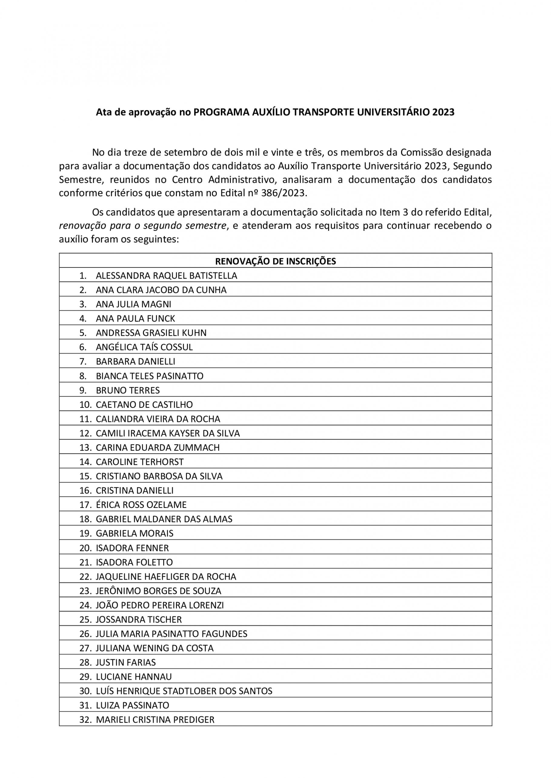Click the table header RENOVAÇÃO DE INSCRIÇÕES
(x=276, y=261)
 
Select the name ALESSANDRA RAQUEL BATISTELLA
(x=166, y=276)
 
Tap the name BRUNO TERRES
(x=128, y=390)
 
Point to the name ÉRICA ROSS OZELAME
(x=141, y=505)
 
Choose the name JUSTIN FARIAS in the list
(x=125, y=662)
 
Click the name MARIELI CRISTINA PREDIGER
(x=155, y=719)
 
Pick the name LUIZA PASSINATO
(x=132, y=705)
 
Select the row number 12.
(x=85, y=433)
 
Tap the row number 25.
(x=85, y=619)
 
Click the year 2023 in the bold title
(x=443, y=112)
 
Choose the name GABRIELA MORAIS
(x=134, y=533)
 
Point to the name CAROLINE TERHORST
(x=139, y=462)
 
